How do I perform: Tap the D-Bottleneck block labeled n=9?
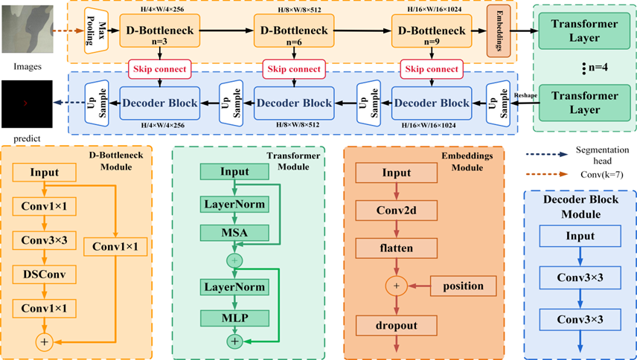[432, 32]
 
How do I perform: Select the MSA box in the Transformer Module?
[235, 234]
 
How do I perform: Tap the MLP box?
[235, 318]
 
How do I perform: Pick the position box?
[463, 286]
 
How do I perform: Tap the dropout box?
[395, 324]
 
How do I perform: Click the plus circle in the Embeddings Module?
[395, 286]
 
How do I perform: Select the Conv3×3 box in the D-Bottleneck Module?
[45, 241]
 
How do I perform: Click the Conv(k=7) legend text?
[592, 176]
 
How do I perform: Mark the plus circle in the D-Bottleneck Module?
[45, 341]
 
